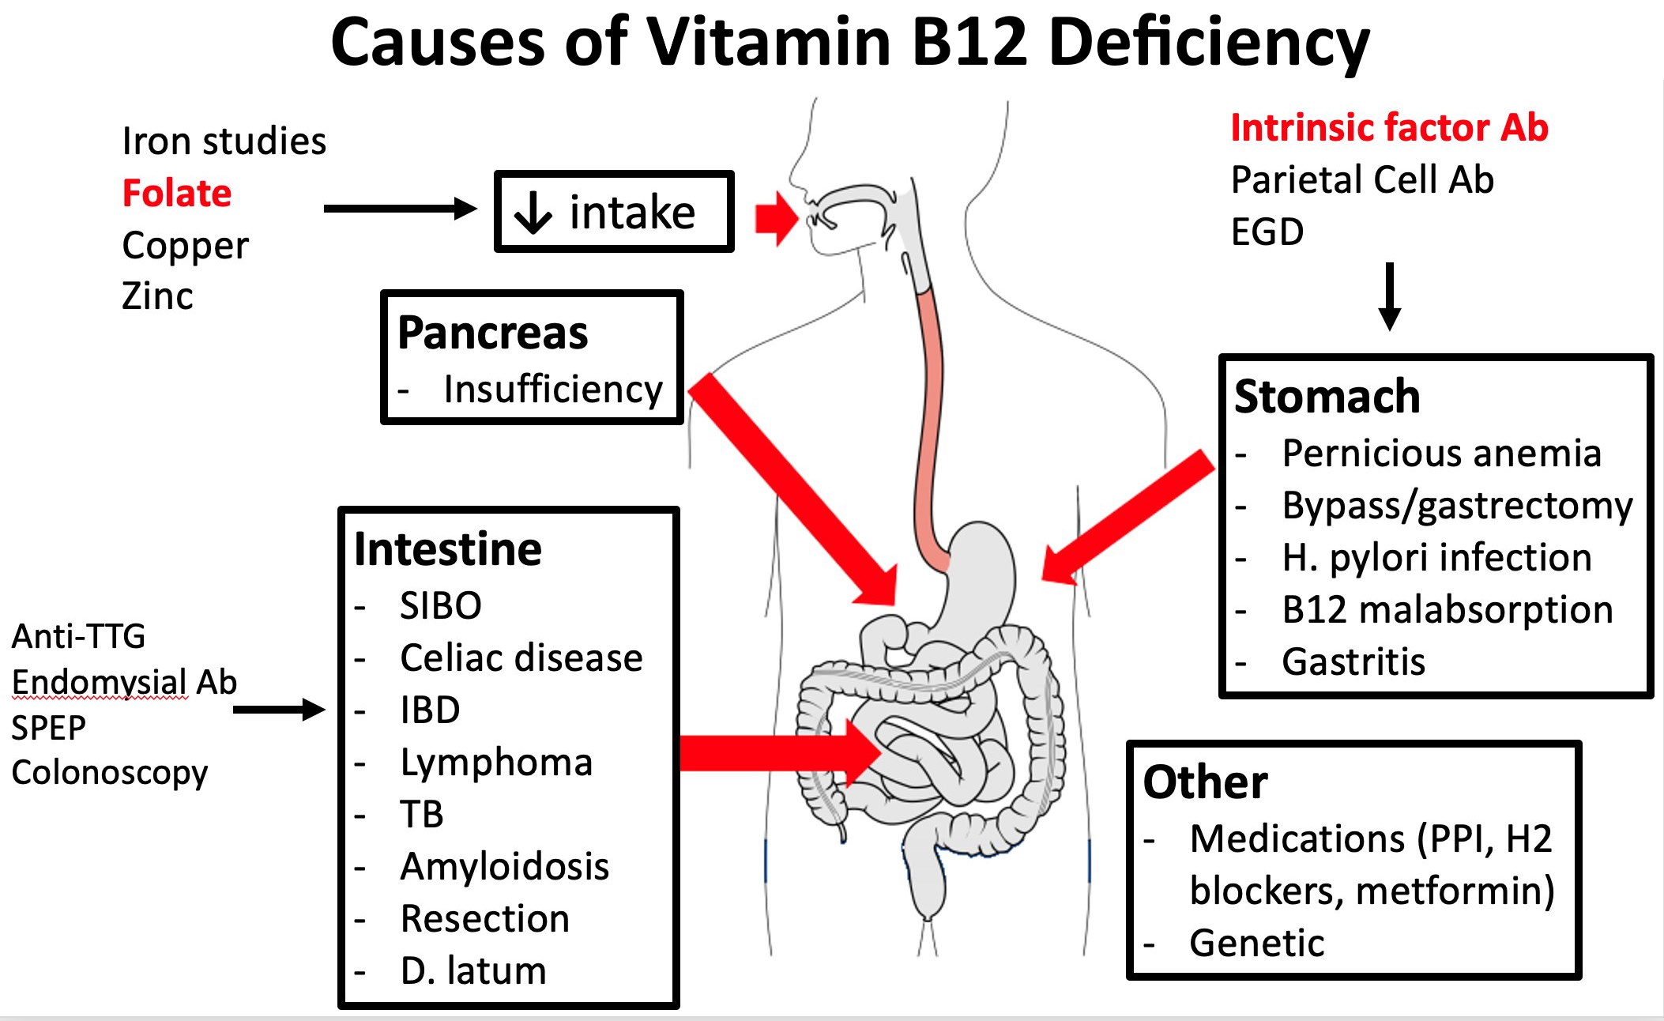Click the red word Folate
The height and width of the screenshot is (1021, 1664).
[x=177, y=194]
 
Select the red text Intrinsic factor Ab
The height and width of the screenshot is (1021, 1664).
[x=1389, y=128]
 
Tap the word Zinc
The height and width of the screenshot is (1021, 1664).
[x=157, y=296]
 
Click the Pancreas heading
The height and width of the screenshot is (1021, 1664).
[x=492, y=333]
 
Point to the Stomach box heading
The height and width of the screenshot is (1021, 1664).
[x=1327, y=396]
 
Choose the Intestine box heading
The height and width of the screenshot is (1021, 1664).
[x=447, y=549]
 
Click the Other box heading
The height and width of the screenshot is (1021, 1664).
[x=1205, y=782]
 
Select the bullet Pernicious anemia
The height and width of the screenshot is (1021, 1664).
[x=1441, y=454]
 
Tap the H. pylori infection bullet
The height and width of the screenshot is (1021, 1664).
[x=1436, y=558]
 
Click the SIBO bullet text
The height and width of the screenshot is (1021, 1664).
[x=440, y=606]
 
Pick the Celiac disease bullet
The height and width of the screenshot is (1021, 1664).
[x=521, y=658]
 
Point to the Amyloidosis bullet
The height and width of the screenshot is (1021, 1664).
[x=504, y=867]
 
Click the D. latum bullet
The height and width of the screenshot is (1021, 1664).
[x=472, y=971]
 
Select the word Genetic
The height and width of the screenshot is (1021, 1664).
[x=1256, y=944]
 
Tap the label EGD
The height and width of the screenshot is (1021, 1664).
[x=1267, y=232]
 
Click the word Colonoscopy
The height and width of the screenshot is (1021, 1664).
[x=109, y=773]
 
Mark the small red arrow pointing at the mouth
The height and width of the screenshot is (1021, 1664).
[x=777, y=217]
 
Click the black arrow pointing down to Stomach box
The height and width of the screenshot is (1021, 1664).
[x=1389, y=296]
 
